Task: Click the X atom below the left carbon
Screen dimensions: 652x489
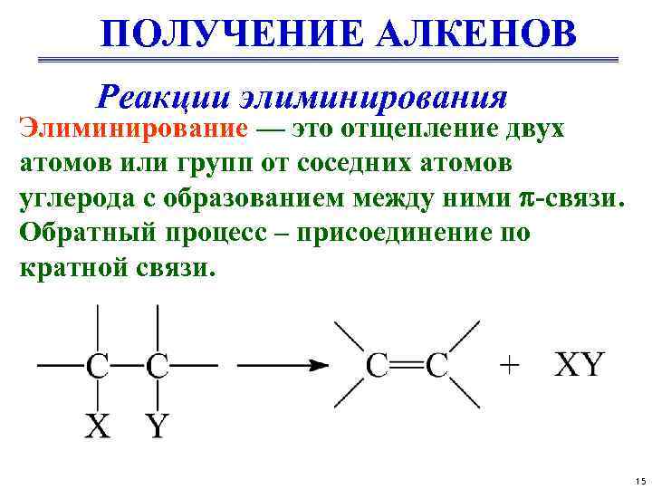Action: (x=97, y=425)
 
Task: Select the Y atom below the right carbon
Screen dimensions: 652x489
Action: (x=158, y=425)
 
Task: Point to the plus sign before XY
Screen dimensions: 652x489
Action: (x=511, y=365)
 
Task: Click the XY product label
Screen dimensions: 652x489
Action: (x=579, y=365)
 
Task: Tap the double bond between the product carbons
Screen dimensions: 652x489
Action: (x=407, y=366)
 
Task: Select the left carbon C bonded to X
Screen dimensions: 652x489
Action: (x=98, y=366)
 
